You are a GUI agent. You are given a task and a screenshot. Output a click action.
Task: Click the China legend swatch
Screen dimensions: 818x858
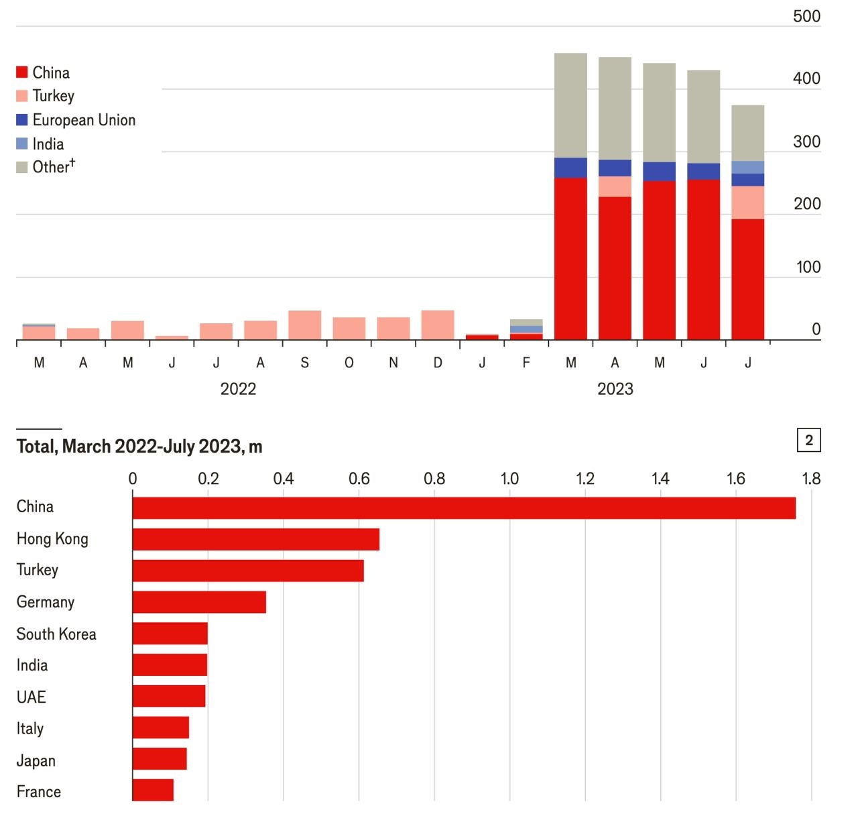(x=22, y=72)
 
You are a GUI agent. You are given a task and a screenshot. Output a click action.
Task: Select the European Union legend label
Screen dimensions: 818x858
(x=84, y=120)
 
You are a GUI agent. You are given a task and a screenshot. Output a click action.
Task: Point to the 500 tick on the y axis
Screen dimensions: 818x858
(x=806, y=16)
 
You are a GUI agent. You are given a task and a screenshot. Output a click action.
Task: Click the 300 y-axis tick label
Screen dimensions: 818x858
(x=806, y=141)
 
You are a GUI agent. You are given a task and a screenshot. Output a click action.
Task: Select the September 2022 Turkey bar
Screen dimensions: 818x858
(x=304, y=325)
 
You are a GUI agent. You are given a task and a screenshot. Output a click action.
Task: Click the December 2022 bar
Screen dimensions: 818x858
(x=438, y=325)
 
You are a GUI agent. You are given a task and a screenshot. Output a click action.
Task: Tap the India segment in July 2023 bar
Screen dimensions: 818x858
(x=747, y=168)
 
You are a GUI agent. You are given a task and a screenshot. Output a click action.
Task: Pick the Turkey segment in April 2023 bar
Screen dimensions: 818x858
(x=615, y=186)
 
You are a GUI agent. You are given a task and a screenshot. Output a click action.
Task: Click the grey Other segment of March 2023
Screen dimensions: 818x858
(x=570, y=105)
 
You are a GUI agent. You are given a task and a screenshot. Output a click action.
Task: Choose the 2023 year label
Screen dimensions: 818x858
(x=615, y=389)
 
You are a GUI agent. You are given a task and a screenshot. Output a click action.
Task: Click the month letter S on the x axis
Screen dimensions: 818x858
(x=304, y=363)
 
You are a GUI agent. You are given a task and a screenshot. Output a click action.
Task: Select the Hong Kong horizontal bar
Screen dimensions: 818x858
(x=256, y=539)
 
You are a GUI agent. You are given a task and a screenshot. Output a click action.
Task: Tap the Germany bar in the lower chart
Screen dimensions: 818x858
(x=199, y=602)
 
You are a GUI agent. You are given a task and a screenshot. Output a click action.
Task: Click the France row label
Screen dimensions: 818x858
(x=39, y=792)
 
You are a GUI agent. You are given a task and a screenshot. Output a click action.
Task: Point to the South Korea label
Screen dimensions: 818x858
(x=56, y=634)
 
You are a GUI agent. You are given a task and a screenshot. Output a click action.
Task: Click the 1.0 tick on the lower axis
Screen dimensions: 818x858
(x=509, y=479)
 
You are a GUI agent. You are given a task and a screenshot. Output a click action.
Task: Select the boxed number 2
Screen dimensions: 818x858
(x=808, y=441)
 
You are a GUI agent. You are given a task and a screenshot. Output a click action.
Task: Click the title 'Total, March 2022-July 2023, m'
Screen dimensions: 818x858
(x=139, y=447)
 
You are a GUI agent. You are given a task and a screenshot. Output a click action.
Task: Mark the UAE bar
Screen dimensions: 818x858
(x=169, y=696)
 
